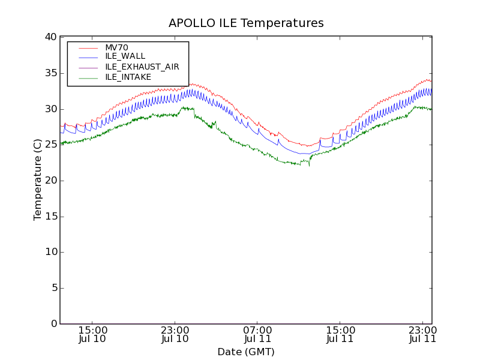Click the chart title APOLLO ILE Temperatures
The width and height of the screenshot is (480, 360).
246,23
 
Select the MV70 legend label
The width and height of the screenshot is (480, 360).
116,47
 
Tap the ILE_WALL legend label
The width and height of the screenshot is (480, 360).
125,56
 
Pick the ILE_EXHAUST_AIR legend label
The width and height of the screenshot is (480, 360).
142,67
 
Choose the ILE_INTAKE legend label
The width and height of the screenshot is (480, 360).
128,77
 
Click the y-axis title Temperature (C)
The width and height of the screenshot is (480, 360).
38,180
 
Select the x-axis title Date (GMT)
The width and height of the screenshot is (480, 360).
246,352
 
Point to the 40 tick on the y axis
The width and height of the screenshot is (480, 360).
50,37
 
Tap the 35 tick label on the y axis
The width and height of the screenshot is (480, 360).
50,73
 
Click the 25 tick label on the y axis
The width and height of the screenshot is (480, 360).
50,145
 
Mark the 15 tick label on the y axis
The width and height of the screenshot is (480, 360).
50,217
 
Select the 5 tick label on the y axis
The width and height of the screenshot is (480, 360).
53,288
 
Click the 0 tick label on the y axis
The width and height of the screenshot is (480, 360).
53,324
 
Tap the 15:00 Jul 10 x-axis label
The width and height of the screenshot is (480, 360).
93,334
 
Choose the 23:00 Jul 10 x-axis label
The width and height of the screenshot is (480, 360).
175,334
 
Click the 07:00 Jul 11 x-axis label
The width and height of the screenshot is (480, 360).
258,334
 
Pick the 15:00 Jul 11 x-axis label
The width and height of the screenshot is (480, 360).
340,334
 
